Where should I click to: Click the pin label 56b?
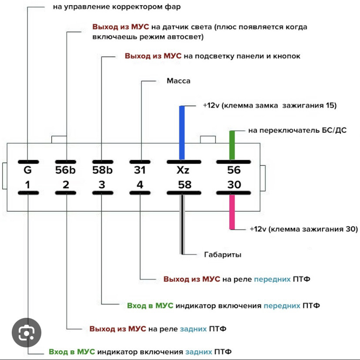(x=65, y=170)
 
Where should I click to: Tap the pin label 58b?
(x=103, y=170)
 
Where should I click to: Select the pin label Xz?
(x=183, y=170)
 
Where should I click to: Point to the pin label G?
(x=27, y=170)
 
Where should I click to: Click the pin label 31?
(x=140, y=170)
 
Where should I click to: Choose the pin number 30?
(x=234, y=185)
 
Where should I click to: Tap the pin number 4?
(x=140, y=185)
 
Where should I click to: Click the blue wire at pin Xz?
(x=182, y=133)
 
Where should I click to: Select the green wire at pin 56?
(x=232, y=145)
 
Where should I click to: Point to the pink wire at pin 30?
(x=232, y=212)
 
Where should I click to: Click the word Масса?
(x=178, y=81)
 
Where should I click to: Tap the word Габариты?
(x=223, y=255)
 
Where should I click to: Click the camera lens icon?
(x=27, y=333)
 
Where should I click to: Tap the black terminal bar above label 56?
(x=234, y=162)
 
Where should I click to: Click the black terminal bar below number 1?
(x=28, y=193)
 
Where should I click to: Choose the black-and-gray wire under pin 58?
(x=182, y=224)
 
